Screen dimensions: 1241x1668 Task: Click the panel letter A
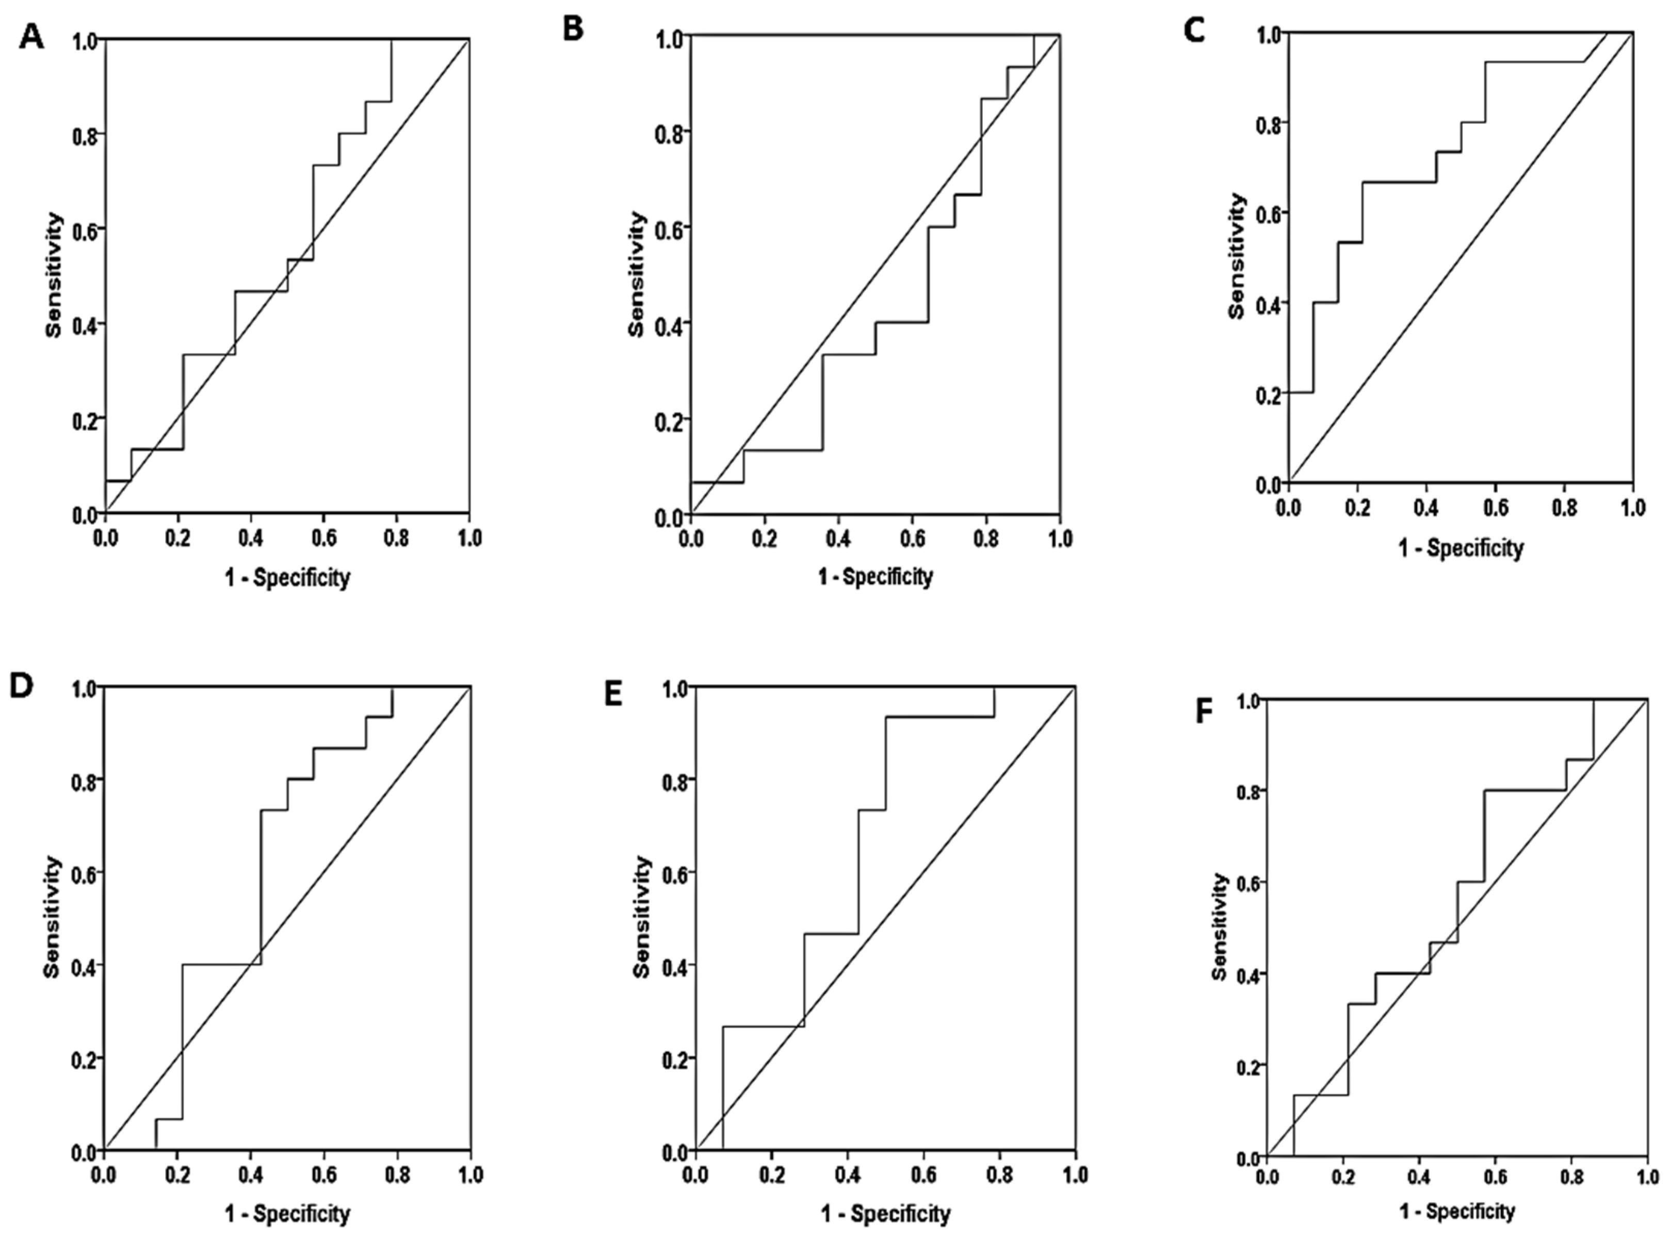[x=31, y=37]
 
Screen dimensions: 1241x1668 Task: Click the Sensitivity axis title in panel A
[x=53, y=275]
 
